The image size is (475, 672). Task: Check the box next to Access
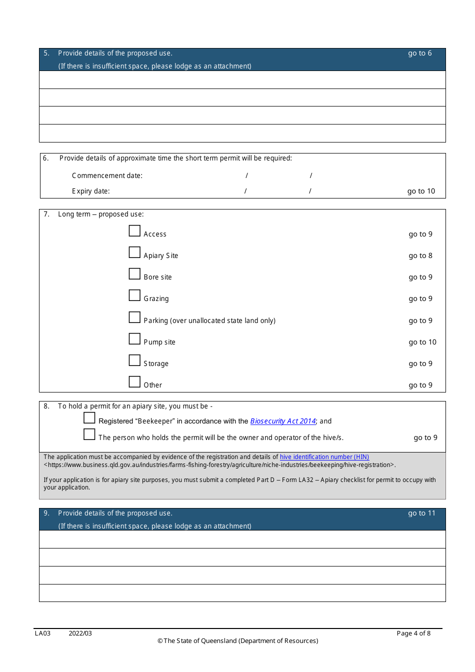134,230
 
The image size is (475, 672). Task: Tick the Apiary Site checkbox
134,252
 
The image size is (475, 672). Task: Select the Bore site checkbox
134,273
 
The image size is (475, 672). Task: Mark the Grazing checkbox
134,295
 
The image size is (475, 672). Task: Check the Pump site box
134,338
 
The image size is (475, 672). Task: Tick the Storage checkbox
134,360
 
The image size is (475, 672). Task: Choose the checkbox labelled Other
134,381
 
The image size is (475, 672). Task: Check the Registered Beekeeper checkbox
89,417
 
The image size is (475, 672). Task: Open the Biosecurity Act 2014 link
283,421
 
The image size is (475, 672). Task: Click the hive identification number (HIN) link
324,456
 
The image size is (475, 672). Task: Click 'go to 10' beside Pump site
422,342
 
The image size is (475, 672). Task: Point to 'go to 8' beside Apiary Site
420,255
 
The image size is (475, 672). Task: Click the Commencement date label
107,175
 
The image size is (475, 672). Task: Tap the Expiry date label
90,191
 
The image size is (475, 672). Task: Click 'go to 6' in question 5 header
419,53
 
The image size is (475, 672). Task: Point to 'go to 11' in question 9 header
421,513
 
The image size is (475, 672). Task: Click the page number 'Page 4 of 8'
413,633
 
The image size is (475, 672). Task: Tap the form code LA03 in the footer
42,633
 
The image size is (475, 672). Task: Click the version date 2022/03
80,633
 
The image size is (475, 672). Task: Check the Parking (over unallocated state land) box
134,317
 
